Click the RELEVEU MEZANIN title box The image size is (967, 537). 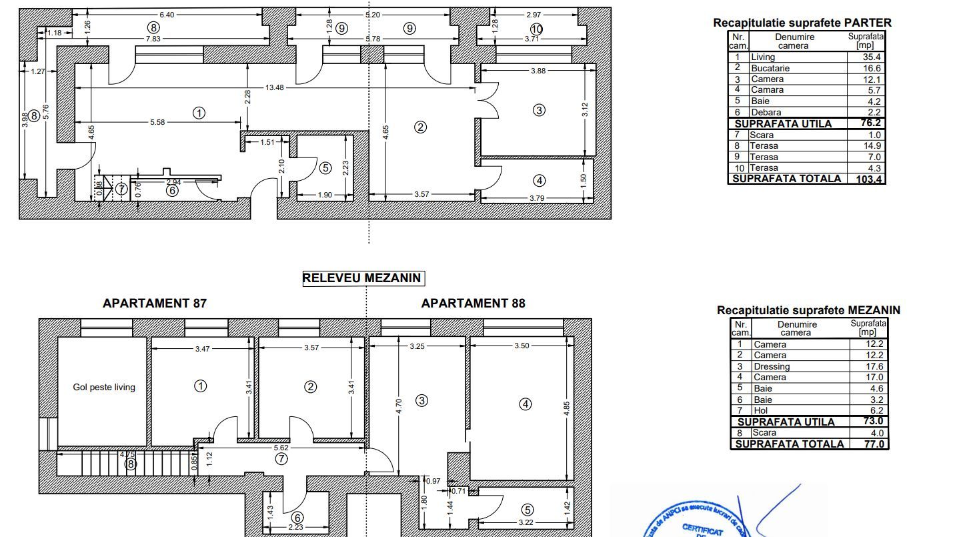pyautogui.click(x=363, y=278)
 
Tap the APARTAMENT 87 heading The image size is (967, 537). pyautogui.click(x=155, y=304)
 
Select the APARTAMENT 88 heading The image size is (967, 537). pyautogui.click(x=473, y=304)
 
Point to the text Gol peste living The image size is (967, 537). pyautogui.click(x=104, y=387)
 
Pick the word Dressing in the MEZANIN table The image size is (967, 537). pyautogui.click(x=772, y=366)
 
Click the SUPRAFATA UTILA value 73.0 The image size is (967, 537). pyautogui.click(x=872, y=421)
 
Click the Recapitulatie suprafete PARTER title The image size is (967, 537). pyautogui.click(x=802, y=23)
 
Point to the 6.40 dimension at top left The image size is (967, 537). pyautogui.click(x=167, y=15)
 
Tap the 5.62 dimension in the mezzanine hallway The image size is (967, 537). pyautogui.click(x=281, y=448)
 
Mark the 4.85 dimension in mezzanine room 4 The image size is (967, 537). pyautogui.click(x=567, y=408)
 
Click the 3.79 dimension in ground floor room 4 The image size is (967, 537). pyautogui.click(x=538, y=197)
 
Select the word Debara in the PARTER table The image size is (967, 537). pyautogui.click(x=766, y=112)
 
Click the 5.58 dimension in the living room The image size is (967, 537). pyautogui.click(x=157, y=122)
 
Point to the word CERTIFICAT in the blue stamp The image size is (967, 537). pyautogui.click(x=702, y=528)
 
